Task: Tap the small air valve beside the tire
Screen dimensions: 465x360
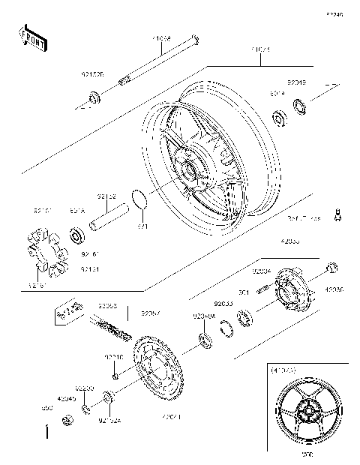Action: tap(338, 217)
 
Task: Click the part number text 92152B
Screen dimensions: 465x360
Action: tap(94, 75)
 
